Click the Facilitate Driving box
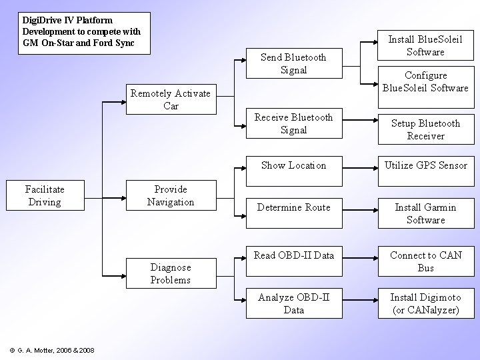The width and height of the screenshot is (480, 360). pos(43,195)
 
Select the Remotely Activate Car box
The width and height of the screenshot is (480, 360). pos(171,99)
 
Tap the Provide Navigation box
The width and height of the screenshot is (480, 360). pos(171,195)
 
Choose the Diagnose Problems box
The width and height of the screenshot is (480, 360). pos(171,273)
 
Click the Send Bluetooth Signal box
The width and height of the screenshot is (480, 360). pos(293,63)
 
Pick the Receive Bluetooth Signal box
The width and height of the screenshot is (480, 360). pos(293,123)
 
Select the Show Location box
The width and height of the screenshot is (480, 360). pos(293,165)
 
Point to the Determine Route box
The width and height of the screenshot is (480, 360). pos(293,207)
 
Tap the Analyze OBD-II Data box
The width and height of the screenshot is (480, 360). pos(293,303)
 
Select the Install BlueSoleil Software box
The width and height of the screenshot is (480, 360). pos(425,45)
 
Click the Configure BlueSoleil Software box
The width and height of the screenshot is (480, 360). pos(425,81)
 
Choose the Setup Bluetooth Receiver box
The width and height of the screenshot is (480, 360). pos(425,129)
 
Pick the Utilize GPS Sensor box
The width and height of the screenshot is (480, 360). pos(425,165)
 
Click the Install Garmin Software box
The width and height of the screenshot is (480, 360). pos(425,213)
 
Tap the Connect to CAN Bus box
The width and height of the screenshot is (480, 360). pos(425,261)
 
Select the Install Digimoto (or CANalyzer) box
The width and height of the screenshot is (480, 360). pos(425,303)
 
